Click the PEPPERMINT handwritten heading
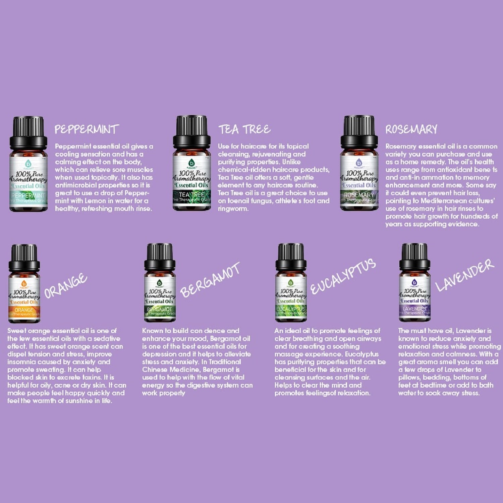(87, 129)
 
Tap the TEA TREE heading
(244, 129)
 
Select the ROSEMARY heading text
(411, 129)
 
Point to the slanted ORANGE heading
(66, 286)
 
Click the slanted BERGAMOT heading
(210, 280)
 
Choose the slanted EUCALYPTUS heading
(343, 277)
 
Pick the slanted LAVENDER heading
(464, 275)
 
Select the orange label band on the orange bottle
(24, 311)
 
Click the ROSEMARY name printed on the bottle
(359, 195)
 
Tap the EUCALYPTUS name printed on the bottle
(291, 309)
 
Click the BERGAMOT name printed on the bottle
(160, 309)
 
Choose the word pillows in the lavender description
(409, 378)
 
